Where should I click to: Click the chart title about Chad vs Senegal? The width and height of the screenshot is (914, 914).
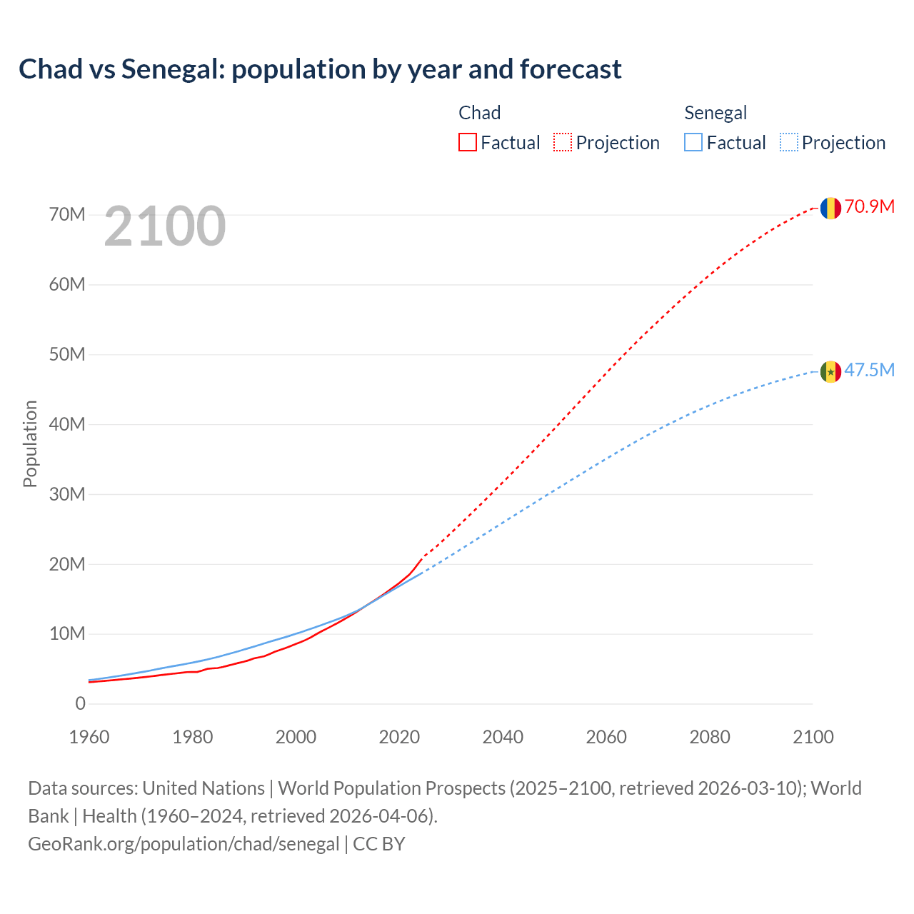(x=320, y=69)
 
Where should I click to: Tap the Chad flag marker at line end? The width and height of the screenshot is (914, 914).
(x=830, y=208)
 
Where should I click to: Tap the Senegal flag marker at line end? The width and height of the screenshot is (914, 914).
(x=830, y=371)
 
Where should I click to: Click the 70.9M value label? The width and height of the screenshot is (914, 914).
(x=869, y=207)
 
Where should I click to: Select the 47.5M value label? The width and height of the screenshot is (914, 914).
(x=869, y=370)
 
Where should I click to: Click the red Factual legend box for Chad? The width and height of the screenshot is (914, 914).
(x=468, y=142)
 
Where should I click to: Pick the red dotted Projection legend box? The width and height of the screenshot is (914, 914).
(x=563, y=142)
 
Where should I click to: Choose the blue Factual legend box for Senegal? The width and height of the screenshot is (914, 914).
(x=693, y=142)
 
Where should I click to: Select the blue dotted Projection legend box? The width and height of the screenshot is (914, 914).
(x=789, y=142)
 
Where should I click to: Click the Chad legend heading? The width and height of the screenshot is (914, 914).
(x=479, y=113)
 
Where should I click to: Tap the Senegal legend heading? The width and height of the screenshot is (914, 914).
(x=715, y=113)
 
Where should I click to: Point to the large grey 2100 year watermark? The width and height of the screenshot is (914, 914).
(x=165, y=226)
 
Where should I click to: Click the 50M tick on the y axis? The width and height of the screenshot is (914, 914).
(x=66, y=354)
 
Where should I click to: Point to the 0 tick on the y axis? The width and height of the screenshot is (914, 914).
(x=80, y=703)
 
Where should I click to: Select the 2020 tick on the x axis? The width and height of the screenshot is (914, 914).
(x=399, y=737)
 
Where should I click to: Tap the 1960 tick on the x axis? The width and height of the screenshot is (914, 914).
(x=89, y=737)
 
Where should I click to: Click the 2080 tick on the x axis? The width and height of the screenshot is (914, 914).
(x=710, y=737)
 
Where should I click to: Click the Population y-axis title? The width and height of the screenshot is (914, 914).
(x=30, y=443)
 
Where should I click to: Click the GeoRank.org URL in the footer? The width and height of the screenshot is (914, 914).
(x=184, y=844)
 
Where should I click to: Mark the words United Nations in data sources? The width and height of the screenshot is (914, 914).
(x=204, y=788)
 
